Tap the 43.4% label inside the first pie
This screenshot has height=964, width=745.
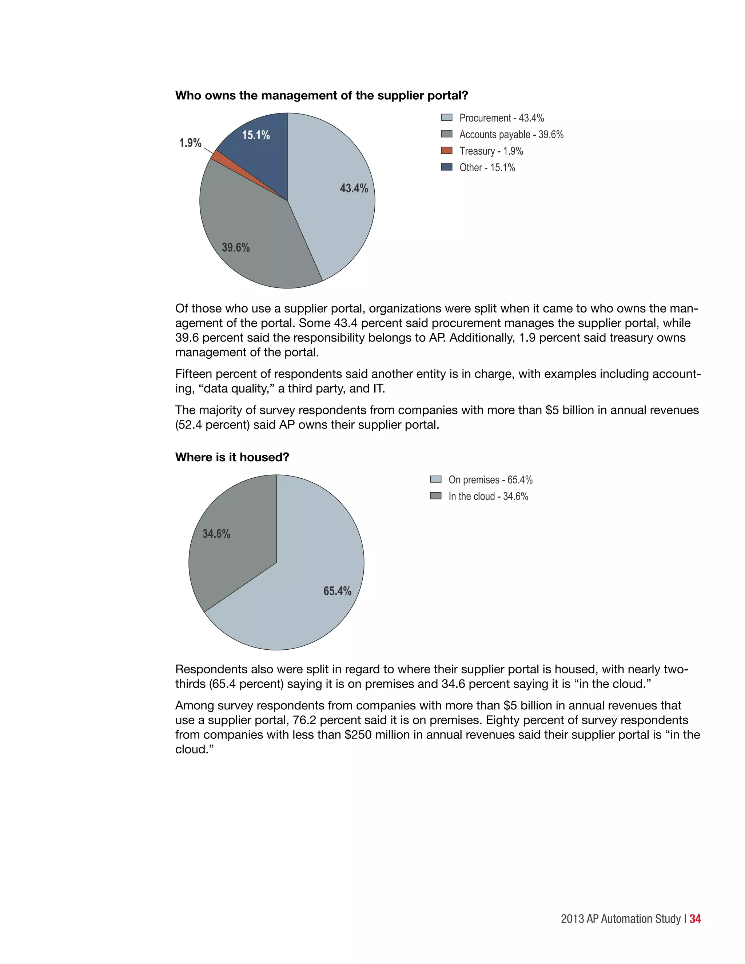[x=354, y=188]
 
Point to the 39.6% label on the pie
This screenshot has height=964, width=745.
[x=236, y=248]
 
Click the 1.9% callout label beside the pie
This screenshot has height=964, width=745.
[x=190, y=143]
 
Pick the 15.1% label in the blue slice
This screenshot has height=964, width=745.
[x=256, y=135]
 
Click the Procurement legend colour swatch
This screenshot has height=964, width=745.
[x=447, y=118]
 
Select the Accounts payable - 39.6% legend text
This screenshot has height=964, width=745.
[x=511, y=135]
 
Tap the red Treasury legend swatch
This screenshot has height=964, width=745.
[x=447, y=151]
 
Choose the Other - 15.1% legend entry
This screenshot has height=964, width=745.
[x=487, y=168]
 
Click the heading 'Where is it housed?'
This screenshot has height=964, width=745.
[x=232, y=457]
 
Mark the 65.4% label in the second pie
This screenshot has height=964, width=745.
[x=337, y=591]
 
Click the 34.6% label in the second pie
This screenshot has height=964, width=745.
[x=216, y=534]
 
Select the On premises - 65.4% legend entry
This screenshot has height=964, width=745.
[x=490, y=480]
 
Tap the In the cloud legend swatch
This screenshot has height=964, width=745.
[x=435, y=496]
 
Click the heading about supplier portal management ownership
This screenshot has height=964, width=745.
[x=321, y=96]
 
